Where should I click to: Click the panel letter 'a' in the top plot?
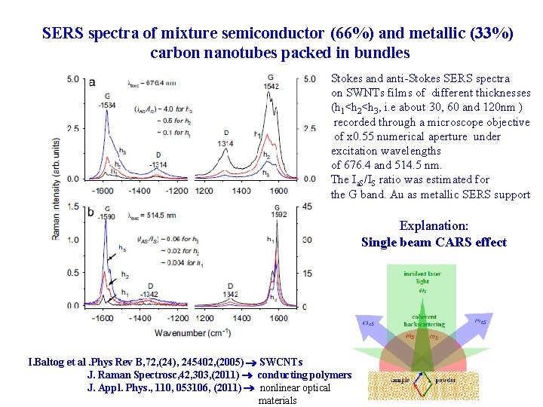(x=91, y=82)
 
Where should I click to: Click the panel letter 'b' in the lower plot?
(x=91, y=213)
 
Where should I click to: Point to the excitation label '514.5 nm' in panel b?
(x=148, y=216)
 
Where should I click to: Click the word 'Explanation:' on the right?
(x=434, y=226)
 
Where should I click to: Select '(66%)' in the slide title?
(x=354, y=33)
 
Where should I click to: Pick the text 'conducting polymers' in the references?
(x=305, y=375)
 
